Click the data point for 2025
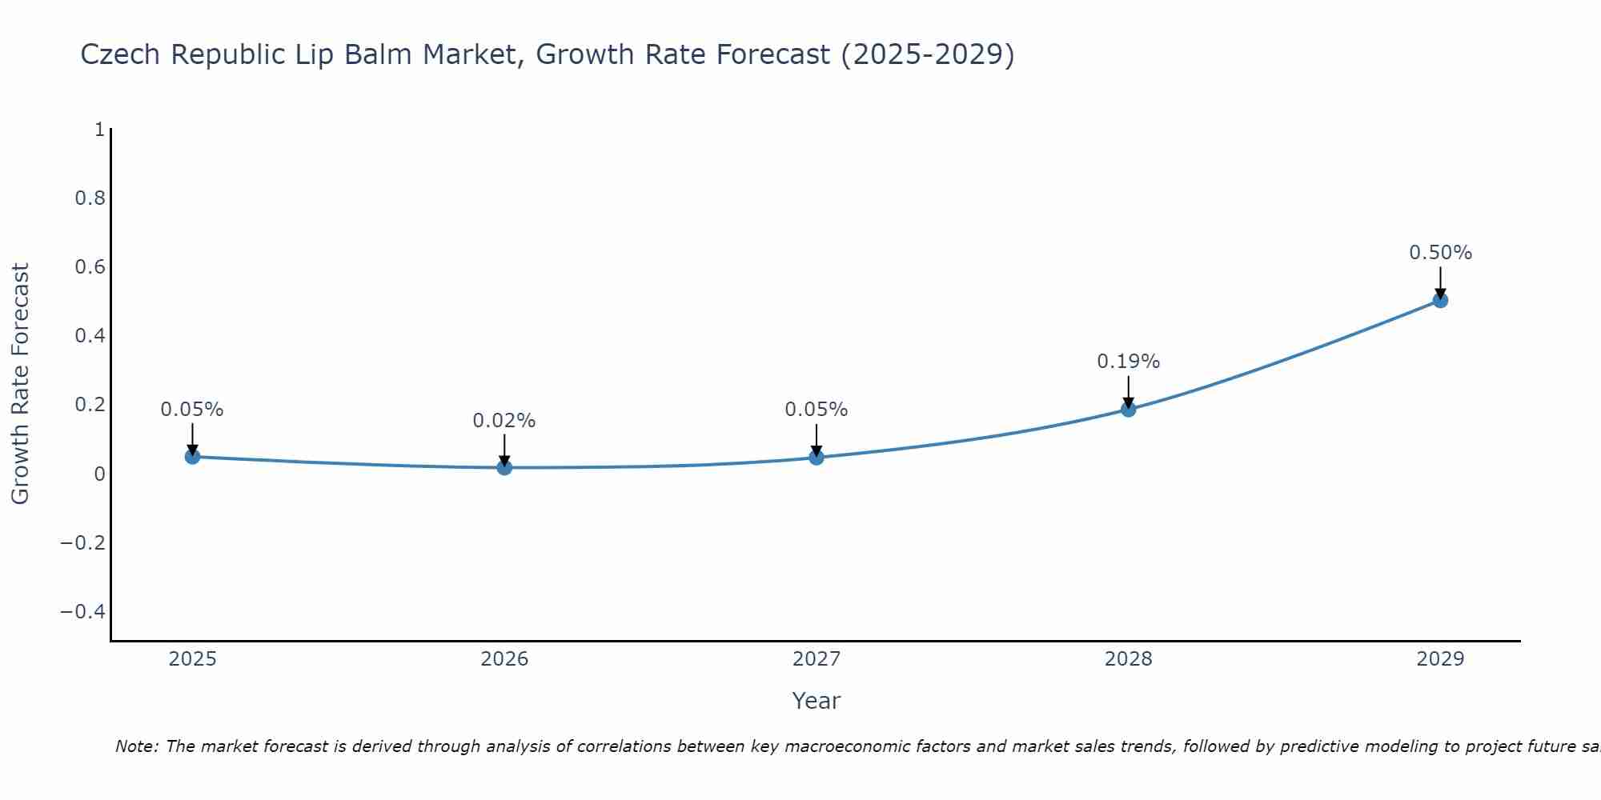(192, 457)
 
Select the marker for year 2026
(504, 467)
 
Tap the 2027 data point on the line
(817, 458)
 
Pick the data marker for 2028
(1128, 410)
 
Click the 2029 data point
(1440, 301)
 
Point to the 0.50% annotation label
(1440, 253)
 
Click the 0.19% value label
(1128, 362)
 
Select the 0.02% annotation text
(504, 421)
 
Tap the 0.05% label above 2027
(817, 410)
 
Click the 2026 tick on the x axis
(504, 659)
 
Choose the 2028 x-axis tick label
(1128, 659)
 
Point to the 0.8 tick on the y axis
(90, 198)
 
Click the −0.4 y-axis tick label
(83, 612)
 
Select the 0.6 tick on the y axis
(90, 267)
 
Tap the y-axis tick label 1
(99, 130)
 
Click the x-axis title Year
(816, 702)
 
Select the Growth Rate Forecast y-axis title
(20, 384)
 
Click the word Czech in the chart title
(121, 54)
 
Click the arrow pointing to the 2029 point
(1440, 282)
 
